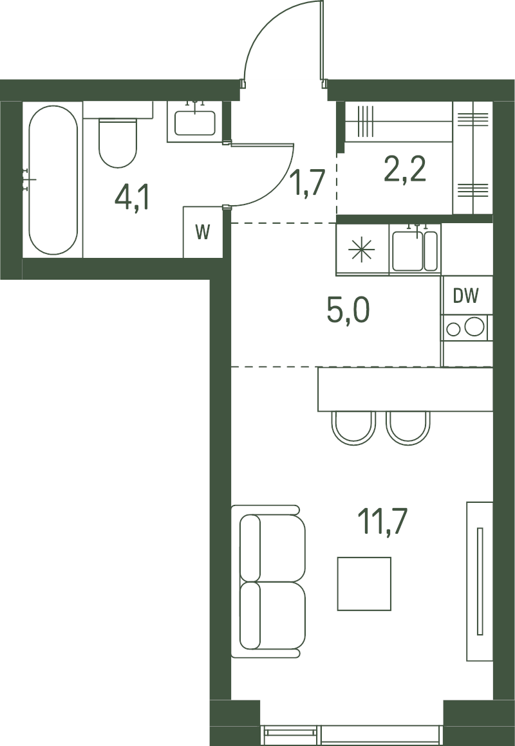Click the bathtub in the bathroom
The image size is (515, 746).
pos(52,180)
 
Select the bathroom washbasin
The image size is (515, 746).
pos(195,122)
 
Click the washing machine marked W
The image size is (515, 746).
pos(203,232)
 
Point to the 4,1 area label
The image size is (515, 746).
pos(132,198)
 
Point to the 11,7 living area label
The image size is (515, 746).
pos(382,522)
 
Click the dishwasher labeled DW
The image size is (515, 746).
pos(465,295)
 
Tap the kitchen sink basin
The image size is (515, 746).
pos(415,250)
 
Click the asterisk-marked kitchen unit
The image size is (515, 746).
pos(362,250)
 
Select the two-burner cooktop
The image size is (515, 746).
pos(465,327)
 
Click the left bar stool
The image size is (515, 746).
pos(353,428)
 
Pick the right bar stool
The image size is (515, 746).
pos(407,428)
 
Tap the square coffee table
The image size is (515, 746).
pos(364,584)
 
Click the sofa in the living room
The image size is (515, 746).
pos(268,581)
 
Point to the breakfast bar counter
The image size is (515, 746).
pos(405,388)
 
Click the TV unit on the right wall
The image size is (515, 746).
pos(479,581)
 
